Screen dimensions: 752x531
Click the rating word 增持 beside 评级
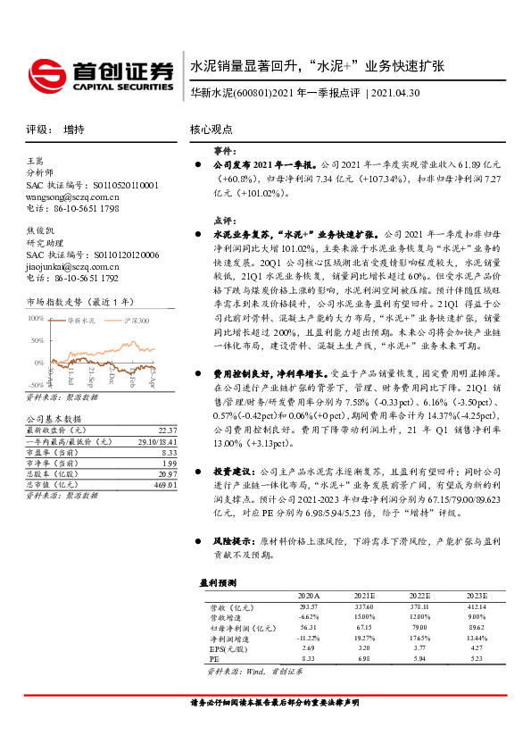pyautogui.click(x=74, y=130)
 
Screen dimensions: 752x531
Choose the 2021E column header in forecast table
pyautogui.click(x=365, y=595)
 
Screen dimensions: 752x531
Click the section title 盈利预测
pyautogui.click(x=217, y=582)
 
